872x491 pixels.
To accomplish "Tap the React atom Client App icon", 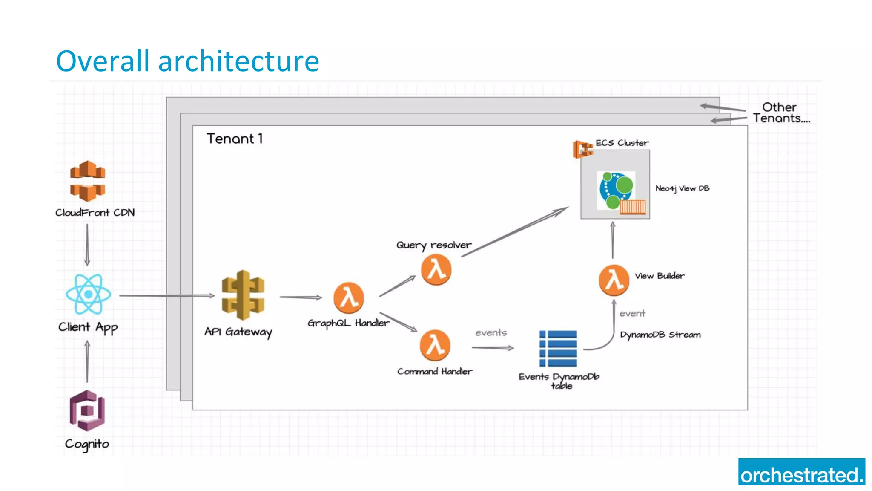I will (88, 294).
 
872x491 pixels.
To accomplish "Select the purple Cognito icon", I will (87, 410).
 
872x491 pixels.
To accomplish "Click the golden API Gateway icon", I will (243, 295).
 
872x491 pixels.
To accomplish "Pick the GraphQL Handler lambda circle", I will (348, 297).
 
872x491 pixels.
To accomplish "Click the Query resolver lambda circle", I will (436, 270).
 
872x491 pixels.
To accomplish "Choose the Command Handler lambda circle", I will (435, 345).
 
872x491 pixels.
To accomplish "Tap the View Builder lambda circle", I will (614, 280).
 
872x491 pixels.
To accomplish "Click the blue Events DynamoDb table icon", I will (558, 348).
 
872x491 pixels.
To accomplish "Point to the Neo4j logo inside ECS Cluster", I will (616, 191).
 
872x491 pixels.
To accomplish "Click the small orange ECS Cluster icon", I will (582, 149).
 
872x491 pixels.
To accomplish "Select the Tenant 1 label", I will (235, 139).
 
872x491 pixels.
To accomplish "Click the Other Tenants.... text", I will (781, 113).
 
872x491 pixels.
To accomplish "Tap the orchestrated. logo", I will (801, 472).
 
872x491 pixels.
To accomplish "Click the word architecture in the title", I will (238, 61).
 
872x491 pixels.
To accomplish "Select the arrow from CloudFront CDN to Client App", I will (87, 245).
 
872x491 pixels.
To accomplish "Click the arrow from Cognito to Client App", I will (87, 361).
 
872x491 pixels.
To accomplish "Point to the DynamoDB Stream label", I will (660, 335).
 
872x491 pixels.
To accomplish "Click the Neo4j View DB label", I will (682, 188).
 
